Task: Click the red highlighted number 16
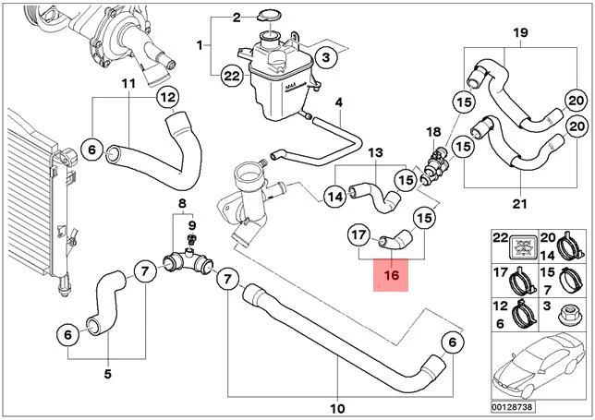pos(391,275)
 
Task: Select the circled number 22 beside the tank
pos(232,77)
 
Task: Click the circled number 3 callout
pos(326,57)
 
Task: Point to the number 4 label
pos(338,102)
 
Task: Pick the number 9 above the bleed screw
pos(192,226)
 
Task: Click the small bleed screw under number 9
pos(192,239)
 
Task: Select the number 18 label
pos(433,132)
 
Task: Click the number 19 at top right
pos(520,32)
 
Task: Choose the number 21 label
pos(520,204)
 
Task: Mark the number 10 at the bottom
pos(337,409)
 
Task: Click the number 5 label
pos(108,374)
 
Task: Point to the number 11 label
pos(128,83)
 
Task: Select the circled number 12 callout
pos(168,98)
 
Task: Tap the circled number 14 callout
pos(335,197)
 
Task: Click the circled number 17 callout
pos(359,235)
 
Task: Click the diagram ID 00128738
pos(512,407)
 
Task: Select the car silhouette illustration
pos(539,366)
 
